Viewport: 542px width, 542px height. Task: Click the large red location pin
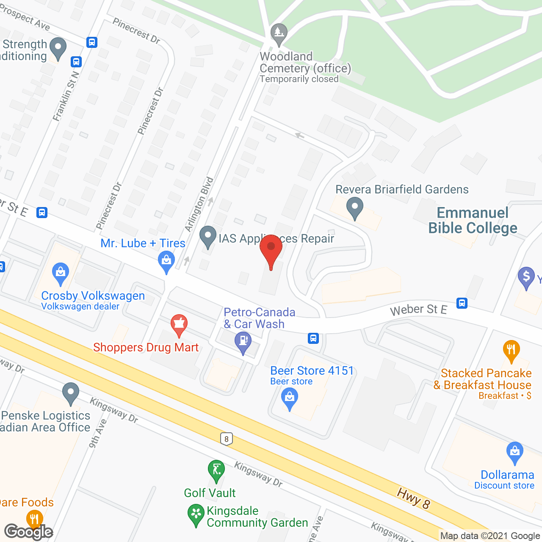(271, 249)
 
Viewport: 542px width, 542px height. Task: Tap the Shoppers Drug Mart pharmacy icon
(179, 325)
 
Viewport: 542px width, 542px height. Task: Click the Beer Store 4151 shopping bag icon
(290, 398)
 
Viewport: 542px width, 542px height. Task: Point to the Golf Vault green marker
(216, 470)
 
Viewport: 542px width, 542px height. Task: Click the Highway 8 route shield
(227, 439)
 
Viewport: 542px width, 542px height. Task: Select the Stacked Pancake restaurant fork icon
(512, 351)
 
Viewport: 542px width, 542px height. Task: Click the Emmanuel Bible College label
(473, 220)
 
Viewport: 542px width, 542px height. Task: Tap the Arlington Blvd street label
(199, 204)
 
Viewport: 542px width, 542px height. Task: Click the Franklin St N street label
(66, 96)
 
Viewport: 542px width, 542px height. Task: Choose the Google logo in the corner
(29, 531)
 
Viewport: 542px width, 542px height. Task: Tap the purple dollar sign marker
(526, 277)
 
